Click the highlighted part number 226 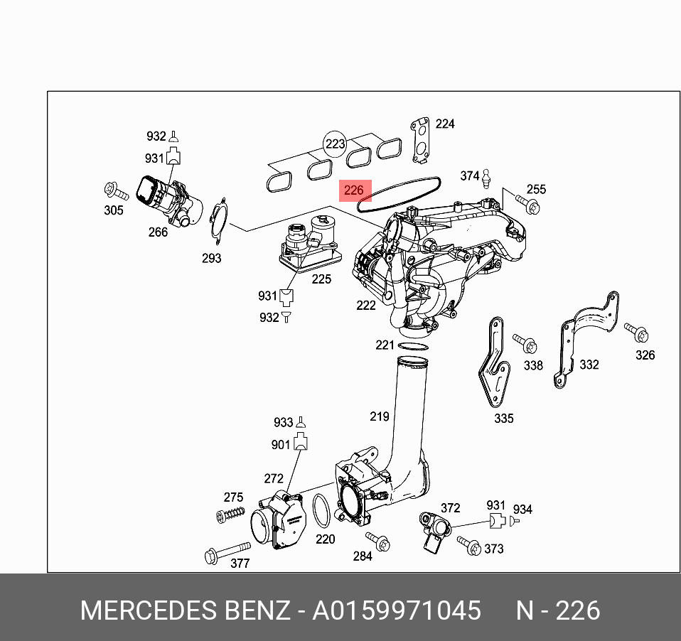[x=354, y=190]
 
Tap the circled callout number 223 [x=335, y=144]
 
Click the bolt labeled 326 [x=636, y=332]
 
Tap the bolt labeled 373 [x=468, y=544]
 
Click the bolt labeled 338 [x=526, y=343]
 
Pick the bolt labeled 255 [x=527, y=205]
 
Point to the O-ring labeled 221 [x=413, y=346]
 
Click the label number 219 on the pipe [x=379, y=416]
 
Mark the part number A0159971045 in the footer [x=397, y=610]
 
